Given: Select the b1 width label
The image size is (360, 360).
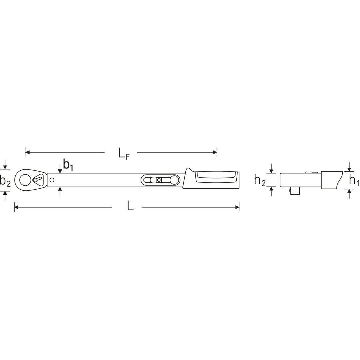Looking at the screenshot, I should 68,165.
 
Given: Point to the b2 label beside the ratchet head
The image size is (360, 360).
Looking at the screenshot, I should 5,181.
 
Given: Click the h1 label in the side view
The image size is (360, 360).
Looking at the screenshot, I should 354,180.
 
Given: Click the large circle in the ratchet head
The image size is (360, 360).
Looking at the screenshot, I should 25,180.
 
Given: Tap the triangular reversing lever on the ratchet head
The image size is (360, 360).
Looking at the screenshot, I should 38,179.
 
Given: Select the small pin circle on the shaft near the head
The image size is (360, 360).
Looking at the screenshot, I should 52,180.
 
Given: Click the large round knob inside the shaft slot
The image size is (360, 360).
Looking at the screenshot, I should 174,180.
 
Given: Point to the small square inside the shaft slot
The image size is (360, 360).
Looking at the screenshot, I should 159,180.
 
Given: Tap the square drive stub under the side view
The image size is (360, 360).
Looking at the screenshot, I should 294,190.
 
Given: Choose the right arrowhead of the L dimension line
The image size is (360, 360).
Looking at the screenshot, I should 237,207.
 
